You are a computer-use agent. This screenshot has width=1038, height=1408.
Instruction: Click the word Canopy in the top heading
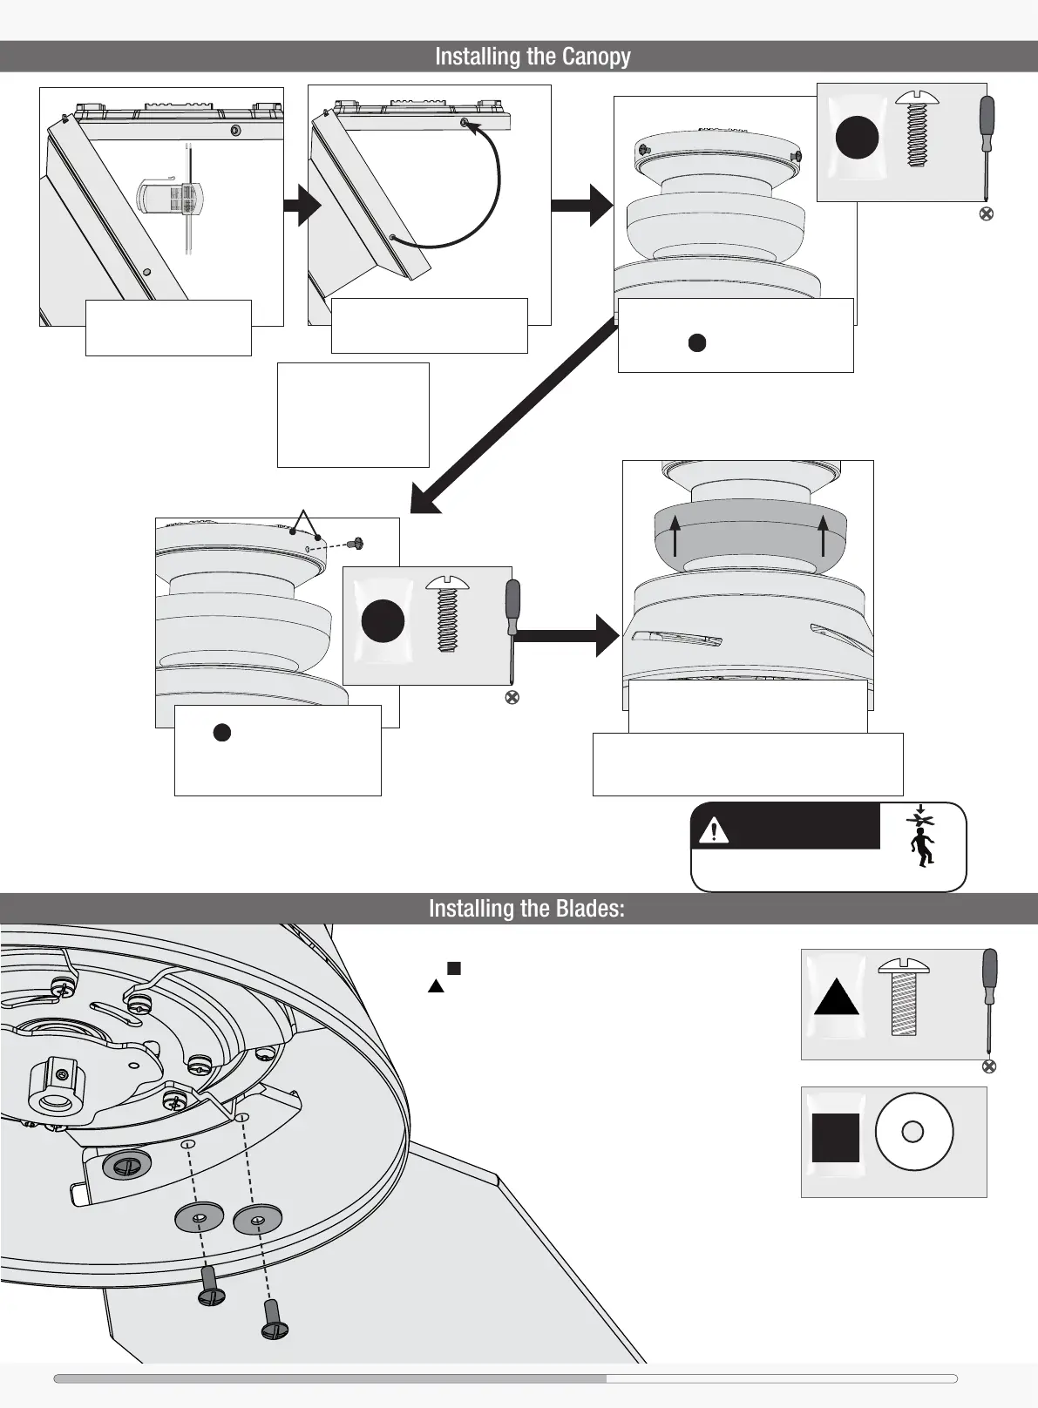[596, 57]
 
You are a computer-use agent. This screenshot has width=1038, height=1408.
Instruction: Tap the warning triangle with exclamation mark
[714, 830]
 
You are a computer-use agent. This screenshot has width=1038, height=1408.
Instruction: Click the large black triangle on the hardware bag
[837, 999]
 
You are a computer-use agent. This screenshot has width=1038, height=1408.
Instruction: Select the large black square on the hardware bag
[836, 1138]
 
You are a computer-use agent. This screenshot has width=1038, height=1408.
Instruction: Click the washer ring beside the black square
[913, 1132]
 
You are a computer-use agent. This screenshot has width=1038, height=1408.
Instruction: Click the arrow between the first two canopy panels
[302, 206]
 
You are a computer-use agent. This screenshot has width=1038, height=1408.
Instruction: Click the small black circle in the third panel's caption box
[697, 342]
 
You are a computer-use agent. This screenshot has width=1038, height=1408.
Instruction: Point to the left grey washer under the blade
[199, 1217]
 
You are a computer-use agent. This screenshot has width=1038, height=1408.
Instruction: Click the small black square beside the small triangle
[453, 968]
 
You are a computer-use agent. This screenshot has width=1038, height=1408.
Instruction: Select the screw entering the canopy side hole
[355, 544]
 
